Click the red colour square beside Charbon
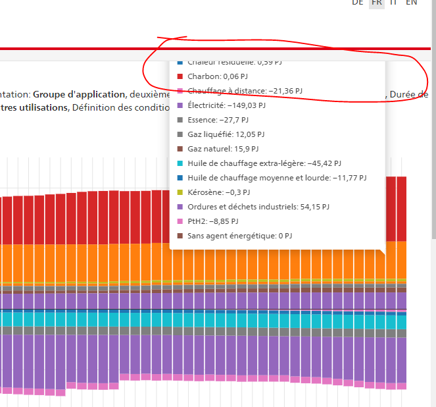point(180,76)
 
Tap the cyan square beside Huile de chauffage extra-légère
point(180,163)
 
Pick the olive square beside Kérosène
point(180,192)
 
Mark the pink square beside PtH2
point(180,221)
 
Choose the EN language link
point(411,3)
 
